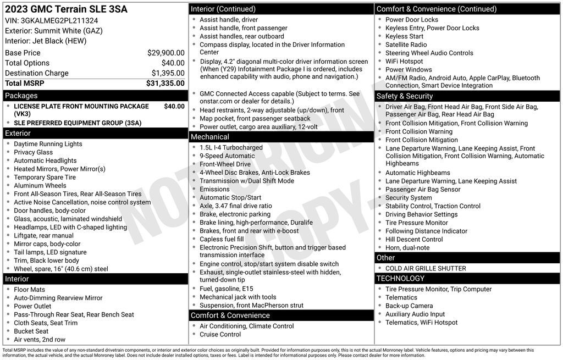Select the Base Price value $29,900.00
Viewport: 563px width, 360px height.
coord(165,53)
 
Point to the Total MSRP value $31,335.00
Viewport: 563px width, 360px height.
coord(165,83)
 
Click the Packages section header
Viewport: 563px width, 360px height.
coord(21,96)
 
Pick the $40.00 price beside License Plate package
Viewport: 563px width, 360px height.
coord(174,106)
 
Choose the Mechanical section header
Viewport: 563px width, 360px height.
coord(209,137)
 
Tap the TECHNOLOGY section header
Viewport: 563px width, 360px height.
coord(400,279)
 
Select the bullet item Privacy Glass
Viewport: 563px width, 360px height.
coord(34,152)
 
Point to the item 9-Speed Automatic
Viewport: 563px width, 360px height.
coord(227,156)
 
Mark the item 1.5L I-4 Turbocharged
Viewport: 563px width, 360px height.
coord(231,147)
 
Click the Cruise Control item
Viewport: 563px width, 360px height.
coord(220,334)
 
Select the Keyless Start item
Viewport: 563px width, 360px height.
coord(404,36)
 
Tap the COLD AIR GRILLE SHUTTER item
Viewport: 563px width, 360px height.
coord(426,268)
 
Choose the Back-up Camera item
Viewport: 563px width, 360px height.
coord(409,306)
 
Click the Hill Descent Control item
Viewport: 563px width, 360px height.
coord(414,239)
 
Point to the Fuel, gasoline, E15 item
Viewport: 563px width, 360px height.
coord(227,289)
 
